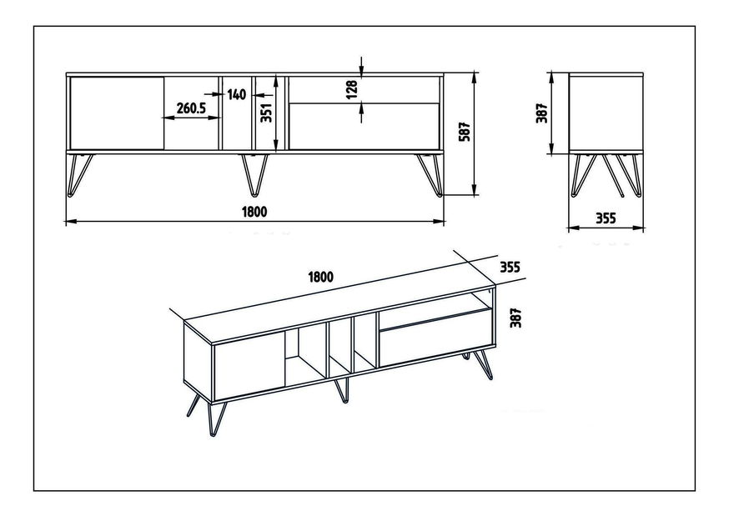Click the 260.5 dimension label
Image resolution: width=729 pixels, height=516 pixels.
[x=191, y=108]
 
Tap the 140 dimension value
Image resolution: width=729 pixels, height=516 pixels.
[x=236, y=95]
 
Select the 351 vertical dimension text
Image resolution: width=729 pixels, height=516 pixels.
[x=266, y=113]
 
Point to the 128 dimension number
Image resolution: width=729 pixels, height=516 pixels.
[x=352, y=89]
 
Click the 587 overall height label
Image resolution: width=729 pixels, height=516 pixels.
[x=465, y=132]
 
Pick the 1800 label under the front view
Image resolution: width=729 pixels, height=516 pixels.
[x=254, y=212]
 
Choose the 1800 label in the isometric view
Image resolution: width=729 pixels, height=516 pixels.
[x=321, y=277]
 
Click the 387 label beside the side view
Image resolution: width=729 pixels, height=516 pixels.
[x=542, y=113]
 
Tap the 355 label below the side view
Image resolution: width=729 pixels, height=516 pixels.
[x=606, y=218]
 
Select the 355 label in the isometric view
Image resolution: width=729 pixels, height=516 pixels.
[x=510, y=267]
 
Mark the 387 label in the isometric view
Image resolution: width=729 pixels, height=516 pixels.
[x=515, y=318]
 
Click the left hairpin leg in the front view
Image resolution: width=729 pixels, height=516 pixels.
[x=80, y=174]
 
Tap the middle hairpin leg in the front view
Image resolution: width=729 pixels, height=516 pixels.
[x=254, y=174]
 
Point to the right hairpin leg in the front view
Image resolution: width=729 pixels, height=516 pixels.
[x=430, y=174]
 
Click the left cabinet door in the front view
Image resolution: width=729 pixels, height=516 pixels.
[x=117, y=113]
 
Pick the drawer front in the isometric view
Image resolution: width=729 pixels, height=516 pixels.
[x=435, y=338]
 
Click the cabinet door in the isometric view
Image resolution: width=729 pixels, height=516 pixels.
[x=249, y=365]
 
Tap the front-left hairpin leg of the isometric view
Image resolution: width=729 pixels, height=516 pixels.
[x=217, y=418]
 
